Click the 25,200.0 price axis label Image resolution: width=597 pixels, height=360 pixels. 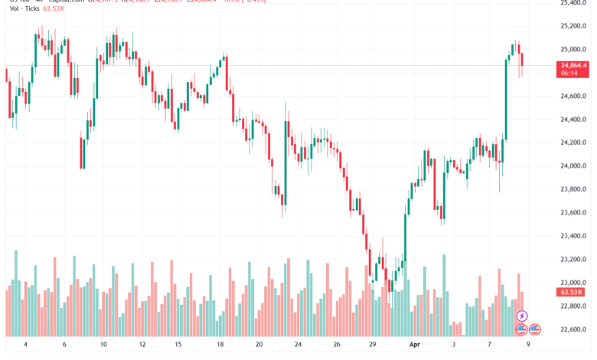tap(573, 26)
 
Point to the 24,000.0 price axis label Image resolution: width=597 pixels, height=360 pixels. tap(573, 166)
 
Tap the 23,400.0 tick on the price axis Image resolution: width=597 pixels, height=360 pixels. tap(573, 236)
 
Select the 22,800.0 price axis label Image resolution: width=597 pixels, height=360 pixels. tap(573, 306)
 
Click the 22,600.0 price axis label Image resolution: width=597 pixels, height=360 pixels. tap(573, 330)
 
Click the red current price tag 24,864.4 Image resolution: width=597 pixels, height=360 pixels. tap(573, 66)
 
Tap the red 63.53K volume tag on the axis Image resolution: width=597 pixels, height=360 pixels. tap(571, 293)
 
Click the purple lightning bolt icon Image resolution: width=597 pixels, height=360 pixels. tap(522, 316)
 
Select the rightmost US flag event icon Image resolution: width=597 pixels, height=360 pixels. tap(535, 329)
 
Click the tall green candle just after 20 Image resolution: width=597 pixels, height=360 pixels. tap(285, 161)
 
